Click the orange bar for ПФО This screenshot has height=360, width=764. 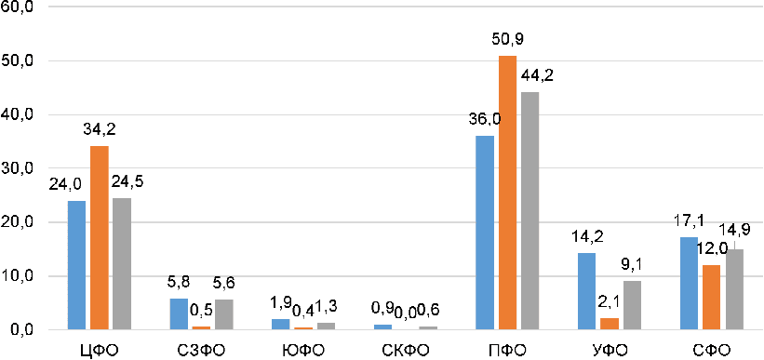[508, 193]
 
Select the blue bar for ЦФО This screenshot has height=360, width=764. [76, 265]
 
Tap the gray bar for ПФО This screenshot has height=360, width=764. [530, 211]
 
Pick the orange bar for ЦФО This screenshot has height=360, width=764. [100, 238]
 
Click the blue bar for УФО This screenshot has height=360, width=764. [586, 292]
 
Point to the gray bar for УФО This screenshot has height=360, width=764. [633, 305]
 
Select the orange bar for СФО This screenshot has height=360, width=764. [711, 298]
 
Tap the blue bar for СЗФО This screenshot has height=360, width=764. [179, 314]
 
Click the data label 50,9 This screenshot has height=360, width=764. [507, 40]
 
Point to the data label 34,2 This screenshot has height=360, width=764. [100, 130]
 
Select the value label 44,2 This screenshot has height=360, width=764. [537, 76]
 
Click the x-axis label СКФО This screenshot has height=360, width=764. [406, 350]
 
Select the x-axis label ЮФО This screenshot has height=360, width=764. [303, 350]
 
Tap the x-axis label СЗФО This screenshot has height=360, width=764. [201, 350]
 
